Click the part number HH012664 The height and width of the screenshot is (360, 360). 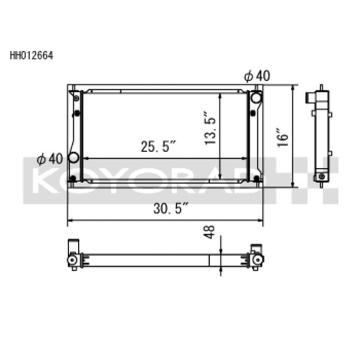32,58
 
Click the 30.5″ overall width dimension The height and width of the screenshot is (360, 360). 171,209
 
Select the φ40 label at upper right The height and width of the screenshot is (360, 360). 257,76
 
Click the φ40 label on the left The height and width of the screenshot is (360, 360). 49,158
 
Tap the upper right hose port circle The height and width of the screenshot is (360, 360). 256,98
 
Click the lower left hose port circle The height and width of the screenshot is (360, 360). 74,158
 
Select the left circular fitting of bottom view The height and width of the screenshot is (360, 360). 73,260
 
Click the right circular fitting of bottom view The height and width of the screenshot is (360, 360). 259,259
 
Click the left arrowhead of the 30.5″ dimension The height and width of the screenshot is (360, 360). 70,222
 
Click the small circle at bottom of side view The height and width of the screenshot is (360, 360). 322,176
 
